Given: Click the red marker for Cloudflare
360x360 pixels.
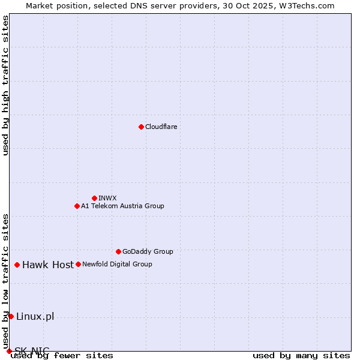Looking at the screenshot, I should click(x=141, y=127).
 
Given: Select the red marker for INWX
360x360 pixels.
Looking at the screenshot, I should click(x=94, y=198).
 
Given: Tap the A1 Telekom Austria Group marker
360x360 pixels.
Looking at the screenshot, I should click(x=77, y=206).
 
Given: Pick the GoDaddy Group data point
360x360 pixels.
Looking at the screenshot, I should click(x=118, y=251).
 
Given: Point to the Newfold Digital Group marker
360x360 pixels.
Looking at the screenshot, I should click(x=78, y=264).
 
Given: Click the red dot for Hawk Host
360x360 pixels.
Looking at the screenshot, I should click(x=17, y=265).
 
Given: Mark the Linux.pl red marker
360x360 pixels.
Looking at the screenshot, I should click(x=11, y=316).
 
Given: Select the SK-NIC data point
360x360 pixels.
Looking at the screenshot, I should click(x=9, y=351).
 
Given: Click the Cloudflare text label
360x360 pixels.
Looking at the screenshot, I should click(x=161, y=127).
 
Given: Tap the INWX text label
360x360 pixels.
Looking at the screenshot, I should click(x=107, y=198).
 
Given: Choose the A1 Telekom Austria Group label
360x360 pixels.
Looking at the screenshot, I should click(x=122, y=206).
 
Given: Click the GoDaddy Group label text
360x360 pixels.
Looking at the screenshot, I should click(x=148, y=251).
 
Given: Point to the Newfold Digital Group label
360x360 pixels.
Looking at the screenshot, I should click(x=117, y=264).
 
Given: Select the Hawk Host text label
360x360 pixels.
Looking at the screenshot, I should click(x=48, y=265).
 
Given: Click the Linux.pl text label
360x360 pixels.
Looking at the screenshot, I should click(x=35, y=316).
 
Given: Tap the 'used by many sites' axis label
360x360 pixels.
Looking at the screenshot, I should click(x=301, y=355).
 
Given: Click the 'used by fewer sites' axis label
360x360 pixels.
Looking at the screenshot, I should click(x=62, y=355).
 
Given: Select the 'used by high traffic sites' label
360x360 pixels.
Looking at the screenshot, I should click(x=5, y=85).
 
